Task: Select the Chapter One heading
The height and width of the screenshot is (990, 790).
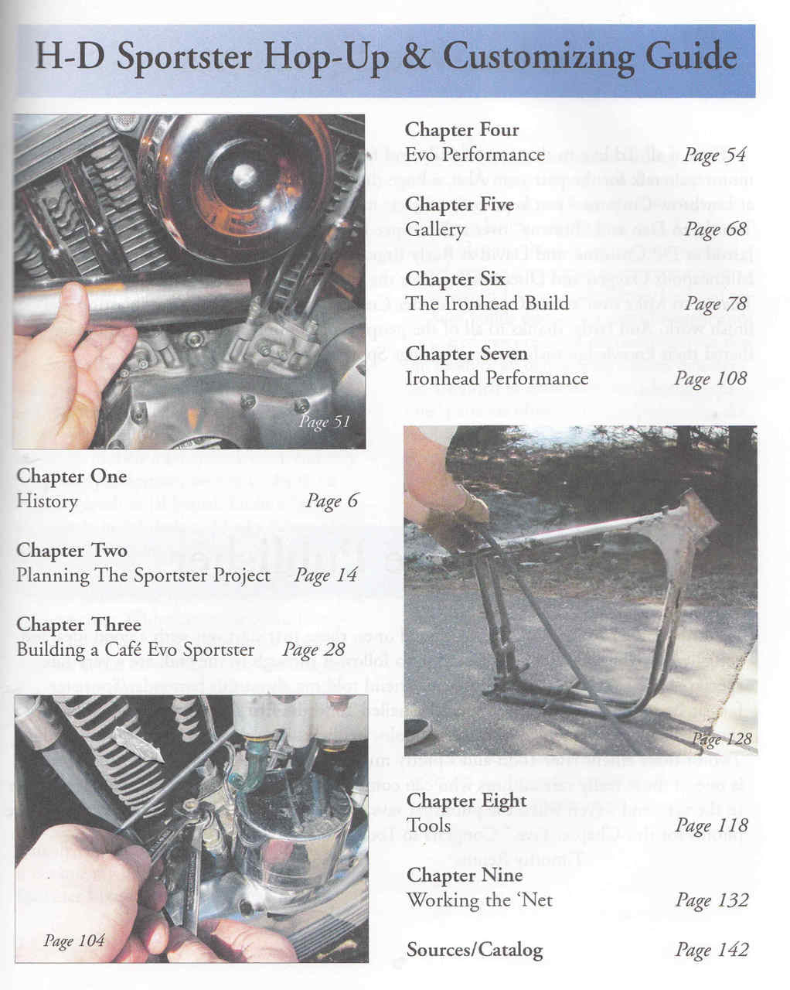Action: (x=71, y=476)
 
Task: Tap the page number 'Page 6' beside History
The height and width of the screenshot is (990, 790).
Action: (x=332, y=501)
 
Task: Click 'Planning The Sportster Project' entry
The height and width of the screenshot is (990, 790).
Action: (x=143, y=575)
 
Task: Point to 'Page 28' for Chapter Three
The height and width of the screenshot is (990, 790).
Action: (x=313, y=650)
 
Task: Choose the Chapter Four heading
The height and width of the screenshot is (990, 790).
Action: (x=461, y=130)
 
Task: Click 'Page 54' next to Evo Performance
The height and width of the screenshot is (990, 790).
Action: (x=714, y=155)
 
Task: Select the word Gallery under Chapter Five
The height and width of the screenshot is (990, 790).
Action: (x=434, y=230)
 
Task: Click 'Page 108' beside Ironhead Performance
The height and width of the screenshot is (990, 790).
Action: (x=710, y=378)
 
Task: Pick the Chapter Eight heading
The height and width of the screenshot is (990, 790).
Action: (x=466, y=801)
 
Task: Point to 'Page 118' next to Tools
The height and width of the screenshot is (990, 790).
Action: (x=711, y=825)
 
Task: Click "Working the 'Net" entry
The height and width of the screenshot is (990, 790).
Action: (x=479, y=900)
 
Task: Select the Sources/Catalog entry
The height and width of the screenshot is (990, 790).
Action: (x=475, y=950)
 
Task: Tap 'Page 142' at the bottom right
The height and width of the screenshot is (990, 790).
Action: (x=711, y=950)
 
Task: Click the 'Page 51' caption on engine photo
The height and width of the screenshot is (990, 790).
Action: (x=325, y=422)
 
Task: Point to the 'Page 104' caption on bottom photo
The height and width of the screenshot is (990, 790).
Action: (x=73, y=940)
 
